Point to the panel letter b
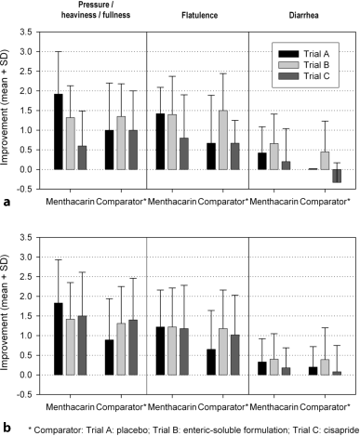click(x=7, y=426)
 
